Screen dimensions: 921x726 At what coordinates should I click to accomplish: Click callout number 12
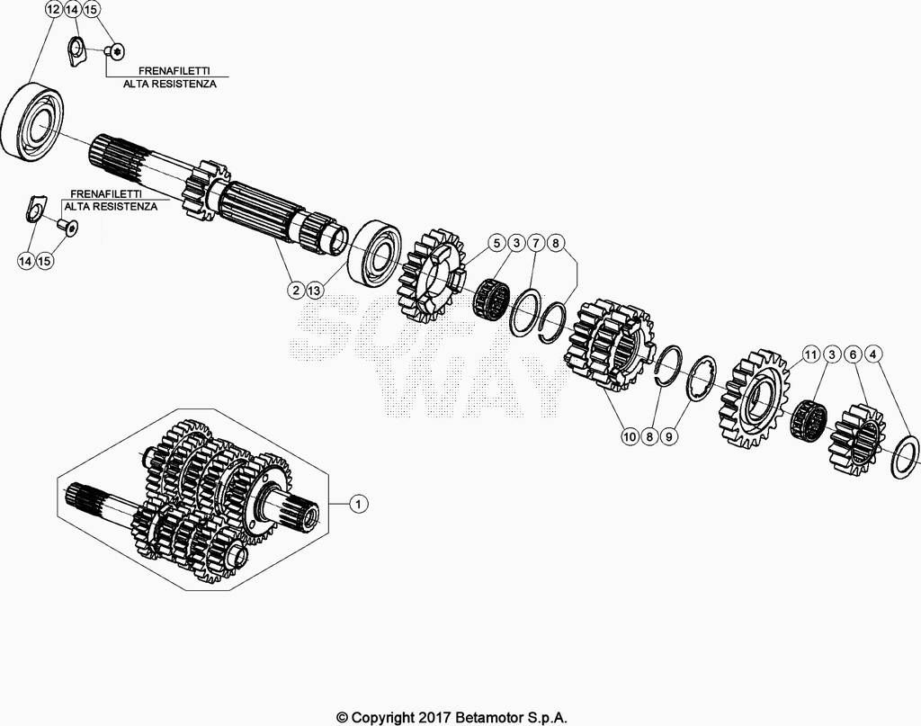tap(53, 9)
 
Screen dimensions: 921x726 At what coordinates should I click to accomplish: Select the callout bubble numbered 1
tap(358, 504)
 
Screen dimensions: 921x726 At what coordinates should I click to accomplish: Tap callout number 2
tap(296, 291)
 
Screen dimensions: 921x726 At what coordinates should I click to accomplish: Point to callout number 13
tap(315, 291)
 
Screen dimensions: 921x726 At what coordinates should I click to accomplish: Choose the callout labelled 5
tap(496, 243)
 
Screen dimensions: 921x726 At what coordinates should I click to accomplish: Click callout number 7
tap(536, 243)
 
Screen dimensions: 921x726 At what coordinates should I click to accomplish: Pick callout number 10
tap(630, 436)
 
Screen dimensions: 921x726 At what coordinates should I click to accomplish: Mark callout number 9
tap(668, 436)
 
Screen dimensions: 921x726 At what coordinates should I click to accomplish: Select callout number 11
tap(811, 354)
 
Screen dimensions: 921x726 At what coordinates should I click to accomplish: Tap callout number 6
tap(853, 354)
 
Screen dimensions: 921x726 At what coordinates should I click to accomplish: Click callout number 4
tap(873, 354)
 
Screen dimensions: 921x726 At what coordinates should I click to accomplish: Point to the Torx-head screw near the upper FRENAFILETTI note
tap(115, 51)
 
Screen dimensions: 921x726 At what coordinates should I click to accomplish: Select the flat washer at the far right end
tap(905, 455)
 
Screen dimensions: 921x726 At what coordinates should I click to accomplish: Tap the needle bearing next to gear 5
tap(491, 297)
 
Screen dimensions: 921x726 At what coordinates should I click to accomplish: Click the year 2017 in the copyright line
tap(434, 717)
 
